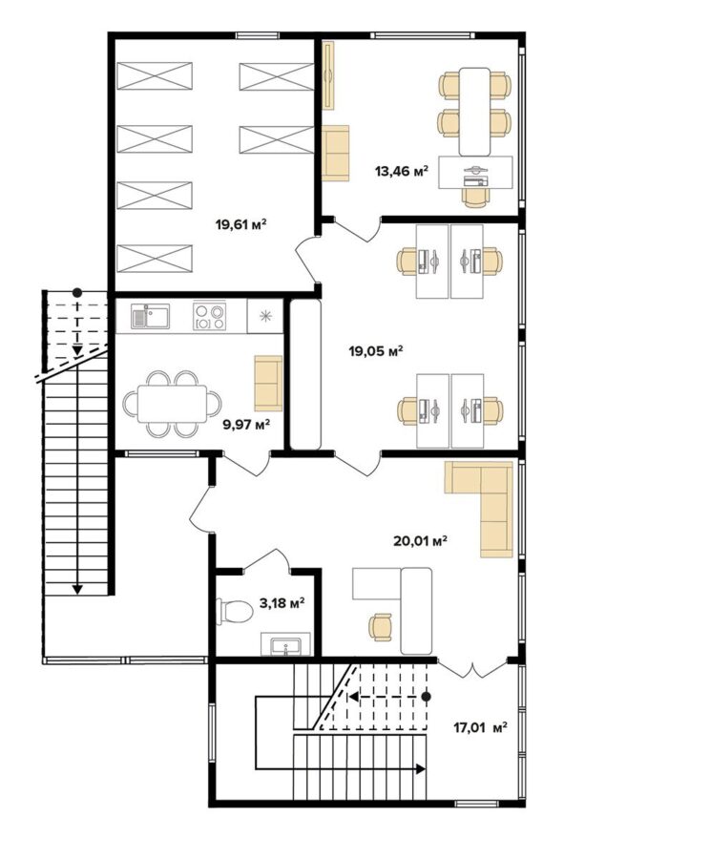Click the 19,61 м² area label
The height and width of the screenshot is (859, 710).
[241, 224]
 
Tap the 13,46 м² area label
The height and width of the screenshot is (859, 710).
[401, 171]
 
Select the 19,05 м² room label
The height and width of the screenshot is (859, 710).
[376, 350]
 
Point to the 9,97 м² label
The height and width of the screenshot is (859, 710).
[246, 424]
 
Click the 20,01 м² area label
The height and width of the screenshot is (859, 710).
[420, 541]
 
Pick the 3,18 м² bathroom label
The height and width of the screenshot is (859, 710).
[282, 604]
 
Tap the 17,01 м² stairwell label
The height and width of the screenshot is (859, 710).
[480, 727]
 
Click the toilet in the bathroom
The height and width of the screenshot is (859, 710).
[235, 611]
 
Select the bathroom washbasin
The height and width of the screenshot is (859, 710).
[285, 644]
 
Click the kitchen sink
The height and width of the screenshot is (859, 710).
[150, 316]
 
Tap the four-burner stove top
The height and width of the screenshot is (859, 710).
[209, 316]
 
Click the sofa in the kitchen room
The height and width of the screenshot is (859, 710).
[268, 383]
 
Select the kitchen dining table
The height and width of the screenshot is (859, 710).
[172, 404]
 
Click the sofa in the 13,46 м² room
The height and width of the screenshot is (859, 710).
[335, 153]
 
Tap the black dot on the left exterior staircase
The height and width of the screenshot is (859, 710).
[77, 292]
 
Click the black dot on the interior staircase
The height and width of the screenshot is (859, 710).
[427, 697]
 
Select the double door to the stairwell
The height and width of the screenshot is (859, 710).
[472, 667]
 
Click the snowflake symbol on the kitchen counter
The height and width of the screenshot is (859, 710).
[265, 316]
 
